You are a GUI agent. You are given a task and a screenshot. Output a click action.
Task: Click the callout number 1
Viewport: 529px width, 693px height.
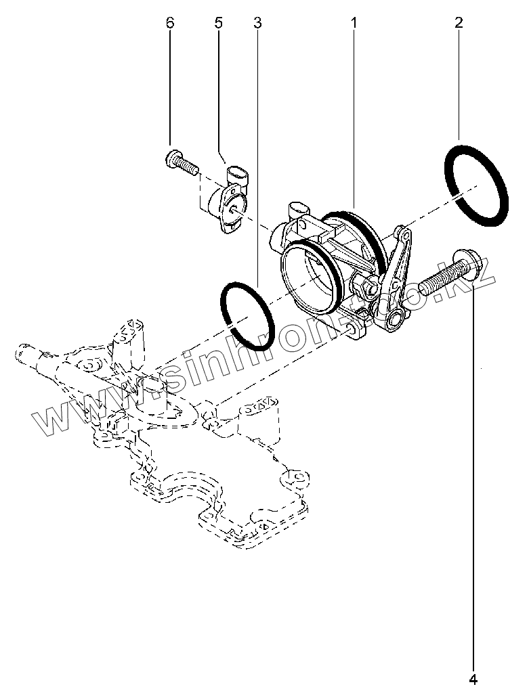[x=354, y=22]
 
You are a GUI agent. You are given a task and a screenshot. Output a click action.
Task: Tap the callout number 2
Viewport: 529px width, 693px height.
[x=459, y=22]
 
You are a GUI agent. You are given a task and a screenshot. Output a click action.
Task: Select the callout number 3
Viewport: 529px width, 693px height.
[x=257, y=22]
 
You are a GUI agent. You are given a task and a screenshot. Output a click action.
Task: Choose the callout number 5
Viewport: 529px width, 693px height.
[x=218, y=22]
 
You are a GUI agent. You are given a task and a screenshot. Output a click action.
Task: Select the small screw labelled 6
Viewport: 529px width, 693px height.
[x=179, y=161]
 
